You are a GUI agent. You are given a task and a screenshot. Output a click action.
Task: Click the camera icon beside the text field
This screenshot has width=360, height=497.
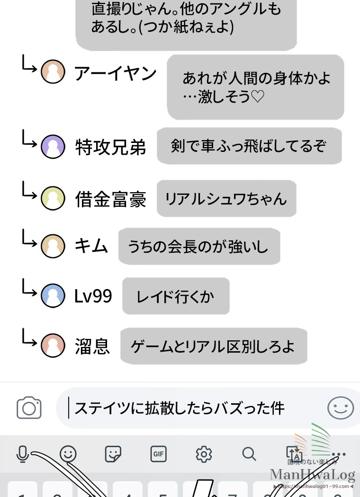pyautogui.click(x=29, y=408)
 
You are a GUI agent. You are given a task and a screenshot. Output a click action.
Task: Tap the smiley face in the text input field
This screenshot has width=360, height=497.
pyautogui.click(x=341, y=408)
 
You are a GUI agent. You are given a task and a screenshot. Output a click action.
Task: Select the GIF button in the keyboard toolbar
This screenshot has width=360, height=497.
pyautogui.click(x=159, y=454)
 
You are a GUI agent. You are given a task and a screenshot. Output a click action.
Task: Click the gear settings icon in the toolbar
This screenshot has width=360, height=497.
pyautogui.click(x=204, y=454)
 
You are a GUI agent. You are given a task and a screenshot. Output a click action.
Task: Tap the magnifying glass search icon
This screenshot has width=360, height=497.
pyautogui.click(x=249, y=454)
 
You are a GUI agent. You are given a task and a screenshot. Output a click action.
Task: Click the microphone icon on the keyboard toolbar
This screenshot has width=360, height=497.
pyautogui.click(x=22, y=454)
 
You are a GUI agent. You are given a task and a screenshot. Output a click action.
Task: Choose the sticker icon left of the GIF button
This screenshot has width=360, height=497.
pyautogui.click(x=113, y=454)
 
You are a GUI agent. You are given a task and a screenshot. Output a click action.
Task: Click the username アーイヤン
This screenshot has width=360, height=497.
pyautogui.click(x=116, y=73)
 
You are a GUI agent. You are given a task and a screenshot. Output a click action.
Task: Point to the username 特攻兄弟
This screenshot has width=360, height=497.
pyautogui.click(x=110, y=148)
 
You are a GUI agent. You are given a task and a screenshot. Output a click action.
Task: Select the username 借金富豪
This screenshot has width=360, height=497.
pyautogui.click(x=110, y=199)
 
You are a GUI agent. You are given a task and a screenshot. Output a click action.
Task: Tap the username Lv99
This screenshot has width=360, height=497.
pyautogui.click(x=93, y=296)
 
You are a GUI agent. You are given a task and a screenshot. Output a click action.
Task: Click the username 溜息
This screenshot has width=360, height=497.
pyautogui.click(x=92, y=346)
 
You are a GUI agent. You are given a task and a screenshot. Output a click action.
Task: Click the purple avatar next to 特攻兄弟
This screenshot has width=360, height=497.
pyautogui.click(x=53, y=147)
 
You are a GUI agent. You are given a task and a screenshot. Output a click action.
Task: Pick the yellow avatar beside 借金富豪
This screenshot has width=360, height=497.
pyautogui.click(x=53, y=198)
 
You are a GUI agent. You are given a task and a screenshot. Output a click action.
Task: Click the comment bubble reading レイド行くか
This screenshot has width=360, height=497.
pyautogui.click(x=176, y=296)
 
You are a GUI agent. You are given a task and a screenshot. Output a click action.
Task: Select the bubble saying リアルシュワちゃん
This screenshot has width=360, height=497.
pyautogui.click(x=226, y=198)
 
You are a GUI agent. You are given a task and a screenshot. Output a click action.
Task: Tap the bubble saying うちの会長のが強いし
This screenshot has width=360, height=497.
pyautogui.click(x=198, y=247)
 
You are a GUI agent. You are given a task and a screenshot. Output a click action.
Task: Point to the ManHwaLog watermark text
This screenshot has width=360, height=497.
pyautogui.click(x=312, y=474)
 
